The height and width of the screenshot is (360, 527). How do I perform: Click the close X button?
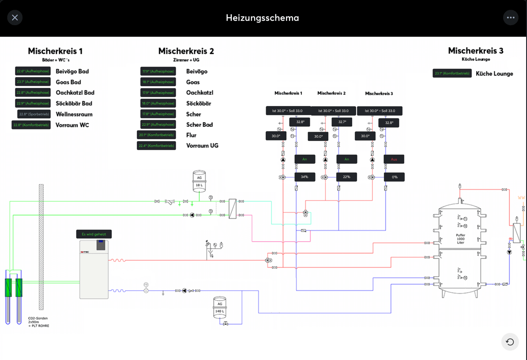tap(15, 18)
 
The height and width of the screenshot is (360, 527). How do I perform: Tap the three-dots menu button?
tap(511, 18)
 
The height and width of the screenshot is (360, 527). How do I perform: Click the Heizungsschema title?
tap(262, 18)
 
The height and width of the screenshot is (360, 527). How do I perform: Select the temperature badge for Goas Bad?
tap(33, 82)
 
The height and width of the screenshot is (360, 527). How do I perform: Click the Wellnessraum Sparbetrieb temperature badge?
tap(34, 114)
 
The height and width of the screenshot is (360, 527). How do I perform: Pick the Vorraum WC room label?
tap(72, 125)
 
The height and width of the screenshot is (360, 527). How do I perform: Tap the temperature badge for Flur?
tap(156, 135)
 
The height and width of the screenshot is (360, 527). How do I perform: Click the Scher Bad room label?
tap(200, 125)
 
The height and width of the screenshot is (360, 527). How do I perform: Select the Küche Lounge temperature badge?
tap(452, 73)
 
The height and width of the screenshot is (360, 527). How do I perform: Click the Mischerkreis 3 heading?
tap(475, 51)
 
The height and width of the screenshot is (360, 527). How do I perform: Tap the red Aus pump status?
tap(394, 159)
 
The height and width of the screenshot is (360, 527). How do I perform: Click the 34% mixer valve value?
tap(305, 177)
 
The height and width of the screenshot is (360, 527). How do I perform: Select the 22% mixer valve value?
tap(346, 177)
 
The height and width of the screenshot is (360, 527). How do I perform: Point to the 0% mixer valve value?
tap(394, 177)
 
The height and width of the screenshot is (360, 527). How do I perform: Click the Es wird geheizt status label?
tap(94, 234)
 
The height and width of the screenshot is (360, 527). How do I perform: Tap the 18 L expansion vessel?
tap(199, 182)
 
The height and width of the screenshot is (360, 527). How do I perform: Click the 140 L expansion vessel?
tap(219, 307)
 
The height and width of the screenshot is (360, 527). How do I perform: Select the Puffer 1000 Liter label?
tap(460, 239)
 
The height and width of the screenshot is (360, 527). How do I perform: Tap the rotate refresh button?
tap(510, 342)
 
